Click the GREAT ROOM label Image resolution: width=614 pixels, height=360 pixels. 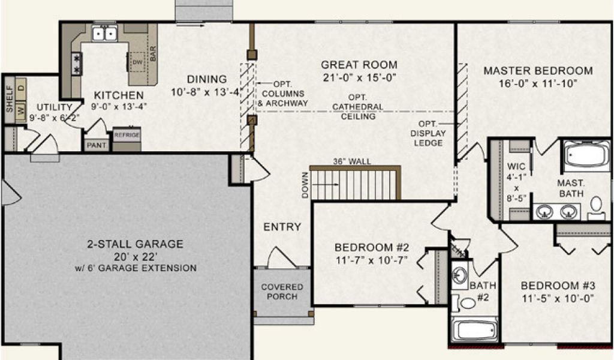coord(359,65)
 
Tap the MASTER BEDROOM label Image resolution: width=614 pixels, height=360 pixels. coord(538,71)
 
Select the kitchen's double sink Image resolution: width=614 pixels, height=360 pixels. coord(104,34)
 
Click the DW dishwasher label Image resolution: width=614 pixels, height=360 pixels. coord(137,62)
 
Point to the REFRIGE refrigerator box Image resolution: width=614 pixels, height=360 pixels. coord(127,139)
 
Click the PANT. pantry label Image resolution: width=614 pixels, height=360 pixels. coord(97,145)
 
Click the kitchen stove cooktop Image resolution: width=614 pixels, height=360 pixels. coord(77,64)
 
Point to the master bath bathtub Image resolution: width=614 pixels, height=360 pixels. coord(586,155)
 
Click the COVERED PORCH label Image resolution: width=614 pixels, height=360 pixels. coord(282,292)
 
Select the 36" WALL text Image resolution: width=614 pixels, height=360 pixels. coord(351,161)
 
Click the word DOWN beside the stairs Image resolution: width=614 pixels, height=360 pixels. coord(305,185)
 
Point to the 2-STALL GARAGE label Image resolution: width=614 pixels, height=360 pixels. coord(135,244)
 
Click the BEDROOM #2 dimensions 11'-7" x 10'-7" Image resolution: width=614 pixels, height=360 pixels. coord(372,260)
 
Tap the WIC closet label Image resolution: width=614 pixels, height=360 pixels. coord(516,166)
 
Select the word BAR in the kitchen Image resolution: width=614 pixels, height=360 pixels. coord(153,53)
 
